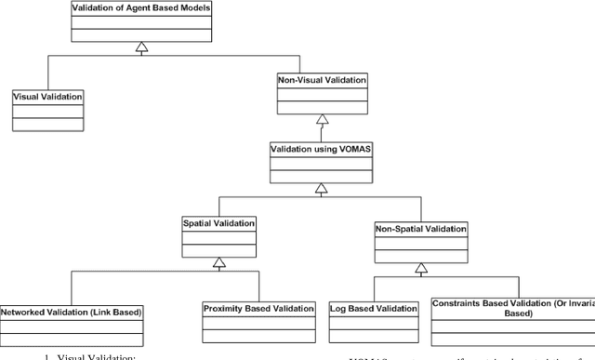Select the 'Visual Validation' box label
(46, 96)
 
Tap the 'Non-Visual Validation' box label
(322, 81)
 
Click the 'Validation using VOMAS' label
(322, 149)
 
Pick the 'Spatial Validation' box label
(220, 222)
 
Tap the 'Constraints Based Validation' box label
(513, 308)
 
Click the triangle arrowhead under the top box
(139, 46)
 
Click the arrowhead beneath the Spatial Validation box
(220, 262)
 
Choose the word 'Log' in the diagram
(340, 307)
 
